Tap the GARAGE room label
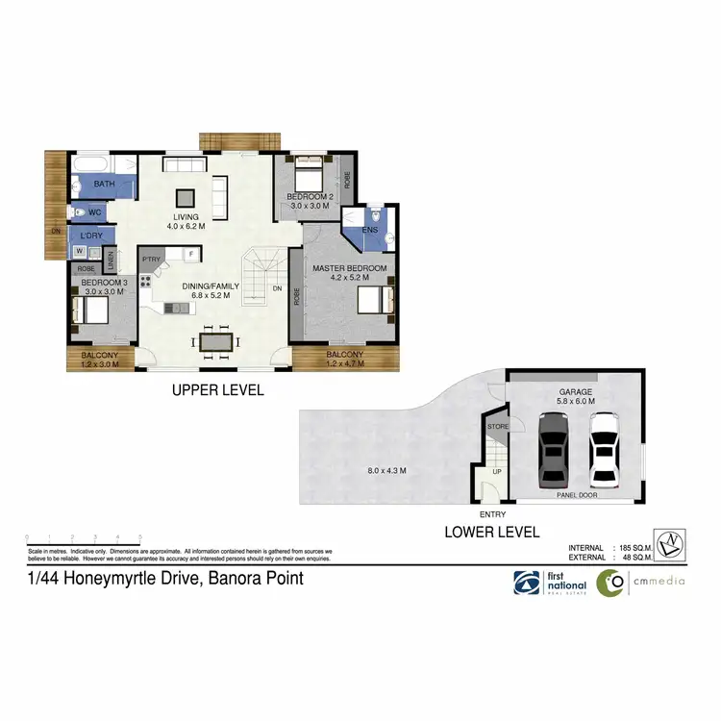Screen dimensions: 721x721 click(577, 392)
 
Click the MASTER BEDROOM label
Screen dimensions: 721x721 click(349, 267)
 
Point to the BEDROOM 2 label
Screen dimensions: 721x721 click(309, 197)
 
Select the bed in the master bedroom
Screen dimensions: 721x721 click(376, 299)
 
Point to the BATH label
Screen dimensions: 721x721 click(104, 184)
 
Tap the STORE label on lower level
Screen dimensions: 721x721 click(497, 426)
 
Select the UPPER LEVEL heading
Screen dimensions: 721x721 click(217, 390)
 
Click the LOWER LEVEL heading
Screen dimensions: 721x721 click(490, 532)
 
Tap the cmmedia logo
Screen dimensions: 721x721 click(638, 583)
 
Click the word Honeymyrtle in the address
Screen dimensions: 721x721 click(107, 579)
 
